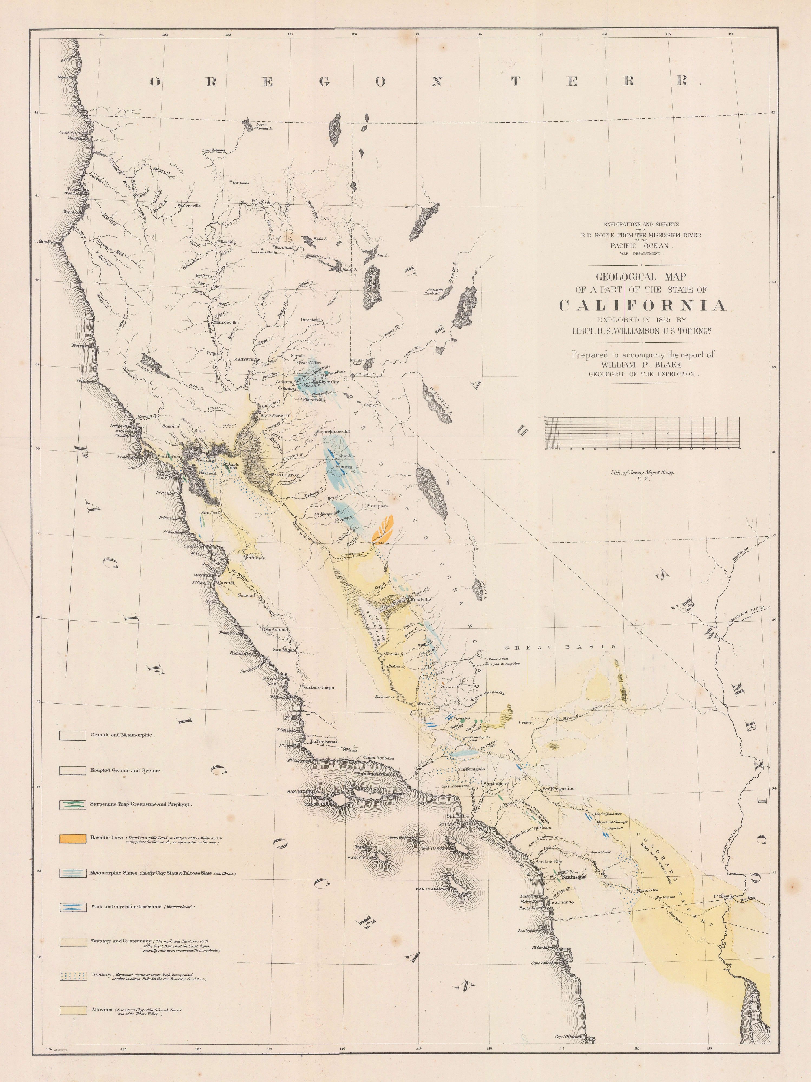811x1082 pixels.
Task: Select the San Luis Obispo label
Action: [x=318, y=687]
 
